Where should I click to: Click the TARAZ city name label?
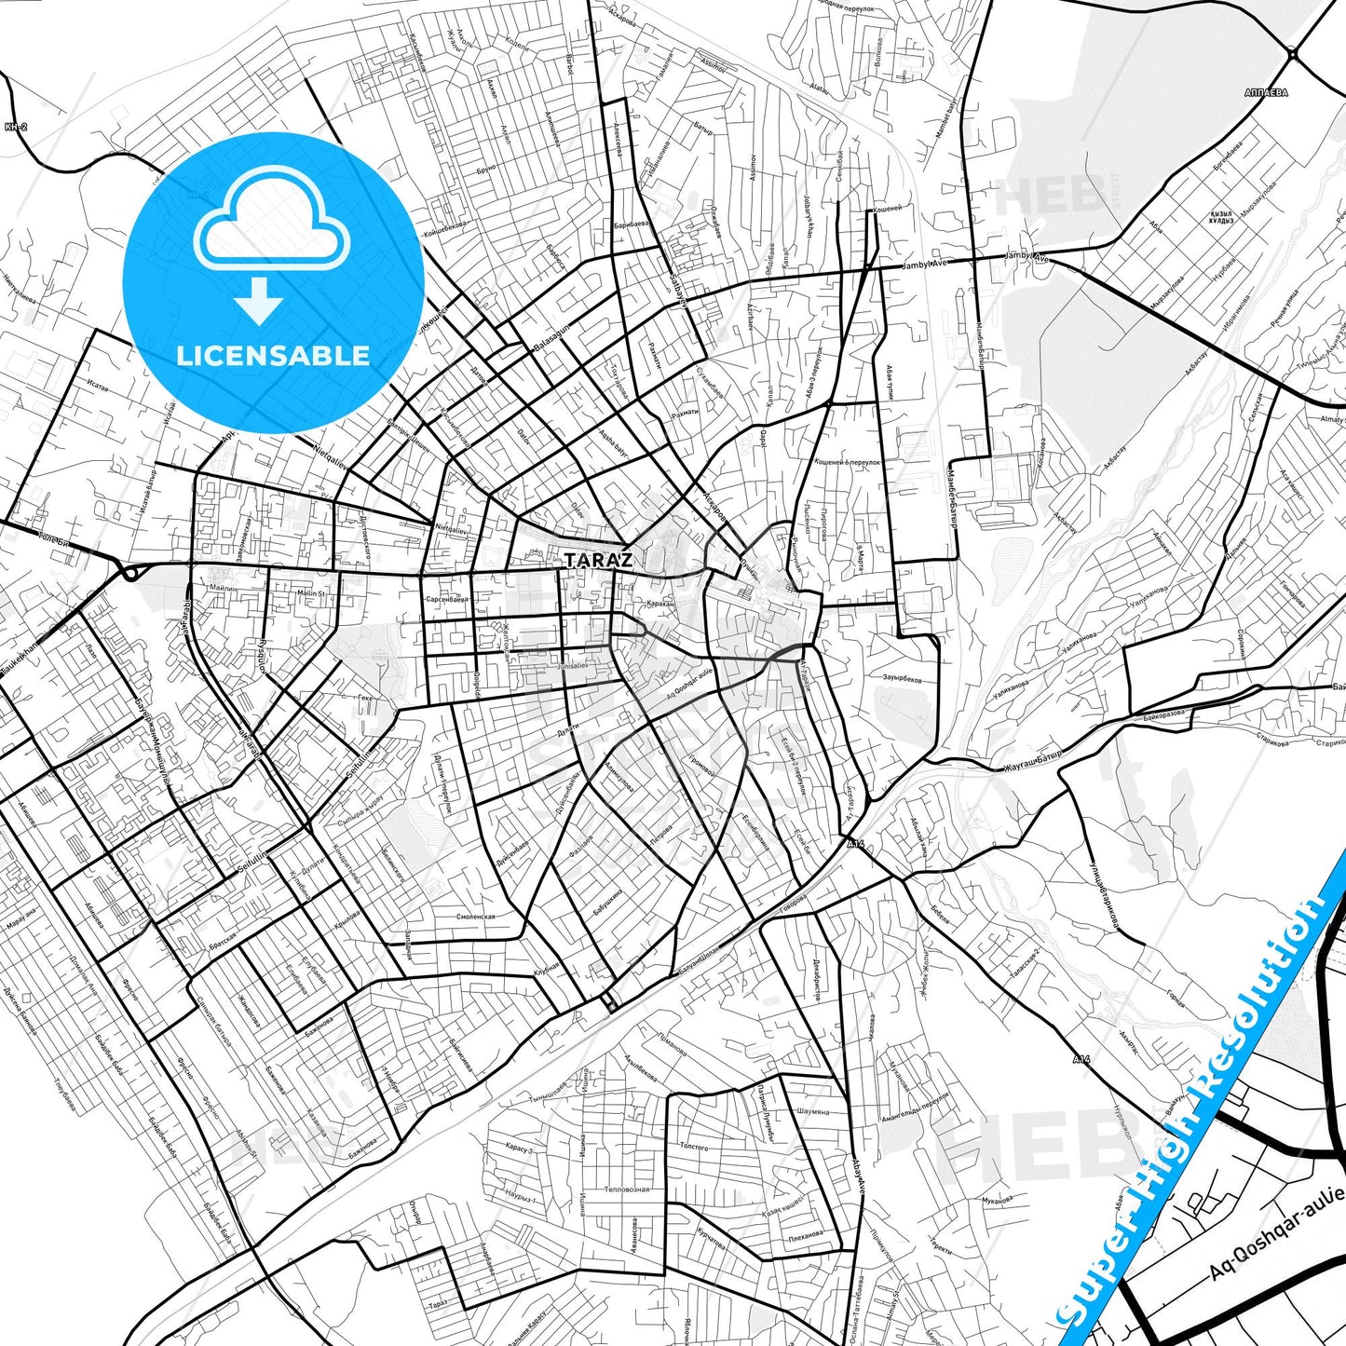coord(598,560)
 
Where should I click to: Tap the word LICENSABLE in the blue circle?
coord(273,355)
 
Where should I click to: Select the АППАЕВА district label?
coord(1265,93)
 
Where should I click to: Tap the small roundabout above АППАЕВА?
coord(1295,56)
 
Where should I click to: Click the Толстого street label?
coord(694,1147)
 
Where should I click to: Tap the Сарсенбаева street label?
coord(445,600)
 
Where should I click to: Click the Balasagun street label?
coord(549,344)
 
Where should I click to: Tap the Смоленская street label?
coord(476,916)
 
